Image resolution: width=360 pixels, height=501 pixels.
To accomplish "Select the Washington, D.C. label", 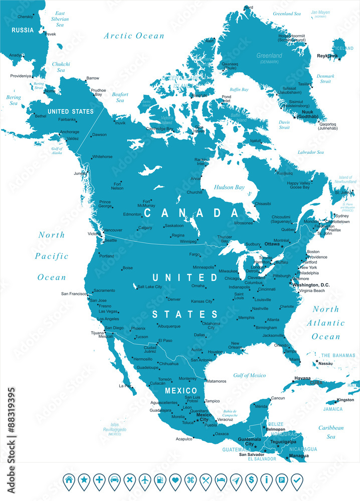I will (311, 285).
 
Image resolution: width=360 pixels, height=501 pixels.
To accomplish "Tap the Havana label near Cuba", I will (302, 378).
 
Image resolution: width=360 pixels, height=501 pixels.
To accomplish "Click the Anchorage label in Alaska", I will (69, 132).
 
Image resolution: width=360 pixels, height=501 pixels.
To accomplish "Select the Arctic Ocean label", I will (134, 36).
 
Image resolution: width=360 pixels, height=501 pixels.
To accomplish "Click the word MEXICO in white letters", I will (181, 390).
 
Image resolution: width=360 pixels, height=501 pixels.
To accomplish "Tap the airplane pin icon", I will (145, 480).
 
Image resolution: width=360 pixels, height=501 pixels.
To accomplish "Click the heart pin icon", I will (175, 480).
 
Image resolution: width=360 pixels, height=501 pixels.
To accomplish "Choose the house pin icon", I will (69, 480).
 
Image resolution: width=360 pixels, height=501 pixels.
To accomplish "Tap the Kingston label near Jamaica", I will (345, 400).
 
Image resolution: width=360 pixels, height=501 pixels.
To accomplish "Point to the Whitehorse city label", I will (102, 156).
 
